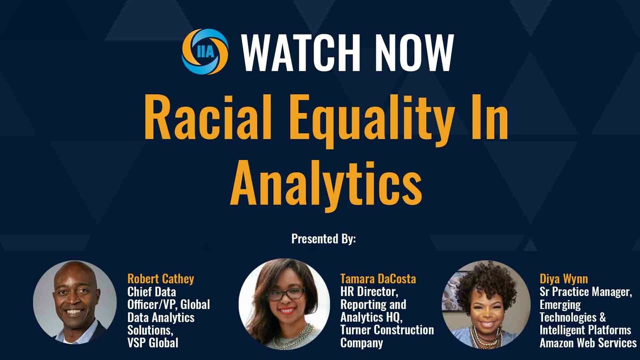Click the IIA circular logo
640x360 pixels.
click(205, 51)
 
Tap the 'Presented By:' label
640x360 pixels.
click(323, 238)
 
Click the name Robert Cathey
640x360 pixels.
click(161, 278)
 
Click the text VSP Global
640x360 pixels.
click(153, 343)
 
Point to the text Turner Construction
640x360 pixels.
click(387, 330)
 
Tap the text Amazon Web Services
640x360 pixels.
click(588, 343)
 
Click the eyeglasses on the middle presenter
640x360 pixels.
click(287, 294)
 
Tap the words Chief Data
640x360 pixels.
click(152, 292)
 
